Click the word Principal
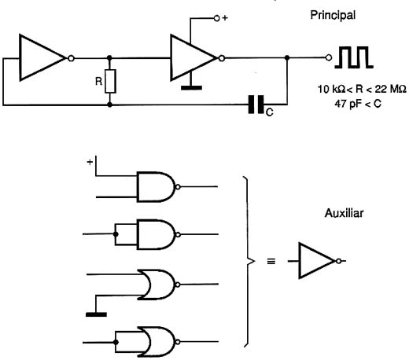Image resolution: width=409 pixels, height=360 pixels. click(x=333, y=15)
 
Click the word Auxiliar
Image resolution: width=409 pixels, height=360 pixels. click(x=344, y=213)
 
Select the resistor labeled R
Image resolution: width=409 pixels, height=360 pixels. click(x=110, y=81)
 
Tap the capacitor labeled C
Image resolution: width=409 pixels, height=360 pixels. click(x=256, y=105)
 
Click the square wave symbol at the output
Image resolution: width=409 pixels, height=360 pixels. click(x=354, y=57)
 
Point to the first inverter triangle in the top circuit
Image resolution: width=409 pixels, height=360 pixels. click(x=42, y=57)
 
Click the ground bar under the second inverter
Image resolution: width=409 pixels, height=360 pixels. click(x=191, y=88)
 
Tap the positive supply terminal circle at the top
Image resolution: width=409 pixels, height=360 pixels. click(x=216, y=18)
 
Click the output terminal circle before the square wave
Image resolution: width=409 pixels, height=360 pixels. click(x=329, y=57)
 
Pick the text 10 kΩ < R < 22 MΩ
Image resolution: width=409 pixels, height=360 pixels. click(x=362, y=90)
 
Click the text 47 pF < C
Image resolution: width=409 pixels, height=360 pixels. click(x=358, y=104)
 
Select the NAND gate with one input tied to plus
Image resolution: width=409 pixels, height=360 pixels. click(x=157, y=187)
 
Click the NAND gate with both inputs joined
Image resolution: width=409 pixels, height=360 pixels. click(x=157, y=234)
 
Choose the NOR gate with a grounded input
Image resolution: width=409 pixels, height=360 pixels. click(x=157, y=285)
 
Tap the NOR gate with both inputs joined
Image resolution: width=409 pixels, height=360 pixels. click(x=157, y=342)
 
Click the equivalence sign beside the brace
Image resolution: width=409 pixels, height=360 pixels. click(x=271, y=261)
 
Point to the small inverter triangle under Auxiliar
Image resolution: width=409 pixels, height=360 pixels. click(x=316, y=261)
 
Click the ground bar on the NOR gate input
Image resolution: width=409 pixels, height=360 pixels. click(x=96, y=314)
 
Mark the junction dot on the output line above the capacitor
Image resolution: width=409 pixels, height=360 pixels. click(x=287, y=57)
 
